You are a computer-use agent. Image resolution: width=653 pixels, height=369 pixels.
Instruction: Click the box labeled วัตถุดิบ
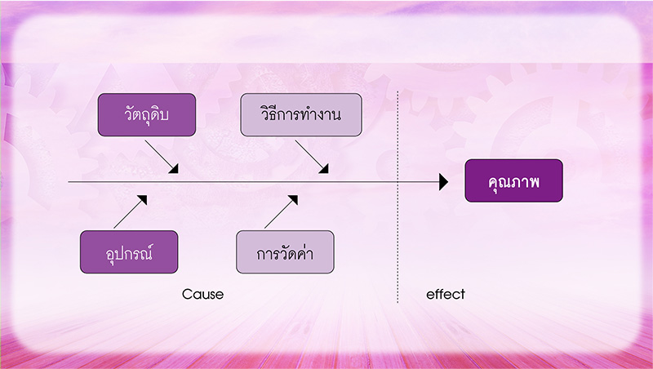click(x=147, y=114)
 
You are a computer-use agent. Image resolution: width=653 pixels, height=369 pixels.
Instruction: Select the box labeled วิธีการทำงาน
click(x=301, y=114)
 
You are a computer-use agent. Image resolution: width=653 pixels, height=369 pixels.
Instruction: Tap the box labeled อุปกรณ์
click(x=129, y=252)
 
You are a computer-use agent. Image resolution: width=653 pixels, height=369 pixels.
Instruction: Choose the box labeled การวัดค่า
click(x=285, y=252)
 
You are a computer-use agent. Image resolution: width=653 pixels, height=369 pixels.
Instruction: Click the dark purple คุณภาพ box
click(x=514, y=180)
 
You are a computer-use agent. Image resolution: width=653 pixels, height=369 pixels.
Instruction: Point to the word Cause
click(x=202, y=295)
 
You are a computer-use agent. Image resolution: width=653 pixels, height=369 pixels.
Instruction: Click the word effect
click(x=446, y=295)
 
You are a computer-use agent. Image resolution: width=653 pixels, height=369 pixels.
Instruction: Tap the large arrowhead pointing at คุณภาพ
click(x=443, y=182)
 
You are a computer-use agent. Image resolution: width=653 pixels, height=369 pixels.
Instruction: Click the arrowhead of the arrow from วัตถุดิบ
click(x=175, y=169)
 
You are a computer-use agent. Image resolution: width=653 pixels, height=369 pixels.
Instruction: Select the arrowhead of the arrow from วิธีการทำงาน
click(x=324, y=169)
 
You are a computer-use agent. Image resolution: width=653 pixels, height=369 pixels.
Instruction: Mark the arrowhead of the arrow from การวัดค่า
click(x=294, y=199)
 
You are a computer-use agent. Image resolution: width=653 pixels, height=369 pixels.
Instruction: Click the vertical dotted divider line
click(x=398, y=197)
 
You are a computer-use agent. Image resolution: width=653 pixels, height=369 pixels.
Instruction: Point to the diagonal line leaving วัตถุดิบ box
click(x=161, y=156)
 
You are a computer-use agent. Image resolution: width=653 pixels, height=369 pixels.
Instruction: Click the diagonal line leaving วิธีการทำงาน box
click(x=312, y=156)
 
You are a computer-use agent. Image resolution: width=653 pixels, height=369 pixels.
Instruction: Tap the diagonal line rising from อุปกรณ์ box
click(x=131, y=211)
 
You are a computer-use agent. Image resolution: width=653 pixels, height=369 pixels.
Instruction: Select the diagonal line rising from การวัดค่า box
click(x=281, y=211)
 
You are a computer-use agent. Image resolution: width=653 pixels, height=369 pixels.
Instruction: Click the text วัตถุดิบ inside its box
click(x=147, y=113)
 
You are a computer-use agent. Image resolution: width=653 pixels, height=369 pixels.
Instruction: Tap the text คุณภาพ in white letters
click(x=514, y=181)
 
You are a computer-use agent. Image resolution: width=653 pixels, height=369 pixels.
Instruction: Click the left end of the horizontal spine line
click(x=69, y=182)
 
